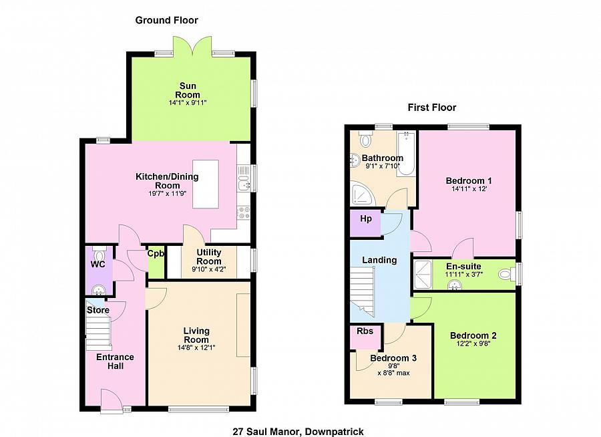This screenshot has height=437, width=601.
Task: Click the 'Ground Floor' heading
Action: pyautogui.click(x=166, y=21)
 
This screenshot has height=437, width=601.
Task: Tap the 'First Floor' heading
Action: pyautogui.click(x=432, y=107)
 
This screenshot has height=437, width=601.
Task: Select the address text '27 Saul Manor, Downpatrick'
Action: pyautogui.click(x=298, y=432)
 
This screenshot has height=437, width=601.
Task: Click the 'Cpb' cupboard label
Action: pyautogui.click(x=156, y=254)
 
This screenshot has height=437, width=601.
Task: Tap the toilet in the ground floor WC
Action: pyautogui.click(x=99, y=256)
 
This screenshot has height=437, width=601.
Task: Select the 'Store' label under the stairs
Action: pyautogui.click(x=97, y=310)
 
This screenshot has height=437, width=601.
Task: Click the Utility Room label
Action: pyautogui.click(x=208, y=257)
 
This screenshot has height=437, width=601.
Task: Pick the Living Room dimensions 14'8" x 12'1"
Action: pyautogui.click(x=196, y=347)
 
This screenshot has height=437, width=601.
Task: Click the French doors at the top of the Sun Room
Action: pyautogui.click(x=190, y=47)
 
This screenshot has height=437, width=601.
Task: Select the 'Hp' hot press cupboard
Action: pyautogui.click(x=365, y=219)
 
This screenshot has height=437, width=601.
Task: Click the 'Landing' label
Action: pyautogui.click(x=379, y=260)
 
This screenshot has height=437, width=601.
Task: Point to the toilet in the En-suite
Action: pyautogui.click(x=510, y=274)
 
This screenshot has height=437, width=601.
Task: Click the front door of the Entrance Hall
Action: pyautogui.click(x=112, y=402)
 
